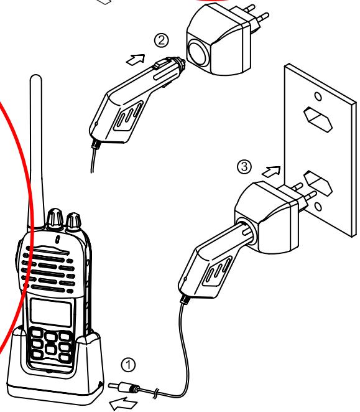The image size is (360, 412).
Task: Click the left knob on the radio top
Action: tap(53, 218)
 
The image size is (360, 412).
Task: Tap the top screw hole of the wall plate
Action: tap(317, 96)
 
